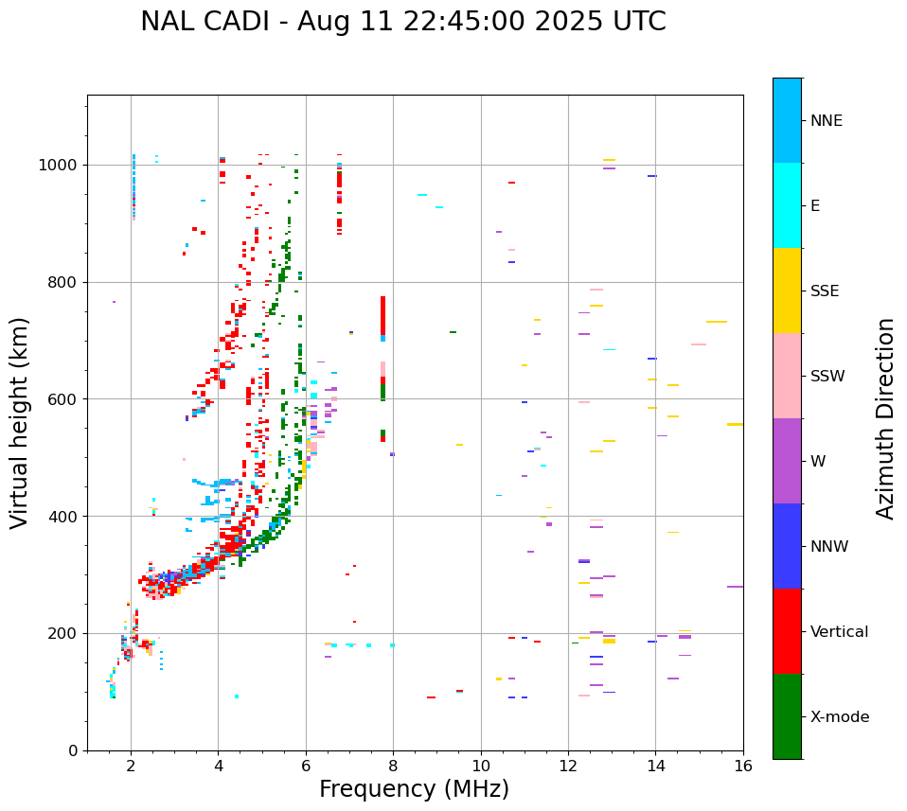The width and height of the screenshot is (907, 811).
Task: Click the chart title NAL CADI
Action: click(402, 22)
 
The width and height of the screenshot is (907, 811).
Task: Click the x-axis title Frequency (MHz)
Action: click(414, 789)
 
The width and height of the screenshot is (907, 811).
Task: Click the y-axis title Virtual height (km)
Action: click(20, 422)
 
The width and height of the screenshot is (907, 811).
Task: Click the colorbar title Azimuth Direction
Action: click(885, 417)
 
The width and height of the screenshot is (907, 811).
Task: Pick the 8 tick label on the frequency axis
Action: click(393, 766)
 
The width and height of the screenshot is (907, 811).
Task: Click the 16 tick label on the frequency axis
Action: click(743, 766)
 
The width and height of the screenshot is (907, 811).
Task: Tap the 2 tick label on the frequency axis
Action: click(131, 766)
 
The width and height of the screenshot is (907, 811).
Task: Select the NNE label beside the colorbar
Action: click(826, 121)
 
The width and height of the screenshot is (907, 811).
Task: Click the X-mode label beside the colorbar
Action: click(840, 717)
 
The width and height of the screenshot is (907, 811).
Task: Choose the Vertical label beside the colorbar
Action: click(839, 632)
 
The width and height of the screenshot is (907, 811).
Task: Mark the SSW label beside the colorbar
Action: click(827, 377)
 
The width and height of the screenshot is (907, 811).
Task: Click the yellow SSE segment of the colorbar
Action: click(787, 290)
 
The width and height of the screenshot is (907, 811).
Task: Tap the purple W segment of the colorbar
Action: click(787, 460)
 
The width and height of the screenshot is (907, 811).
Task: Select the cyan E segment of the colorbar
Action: click(787, 204)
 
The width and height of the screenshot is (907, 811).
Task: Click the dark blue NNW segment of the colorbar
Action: click(787, 545)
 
